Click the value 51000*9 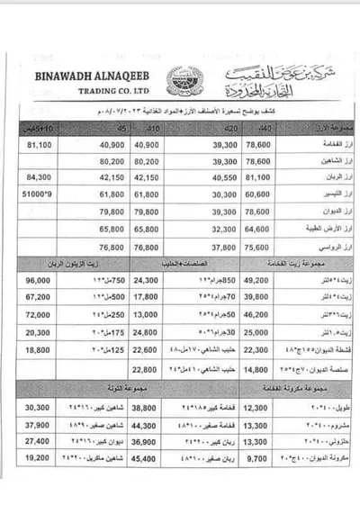coord(37,193)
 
